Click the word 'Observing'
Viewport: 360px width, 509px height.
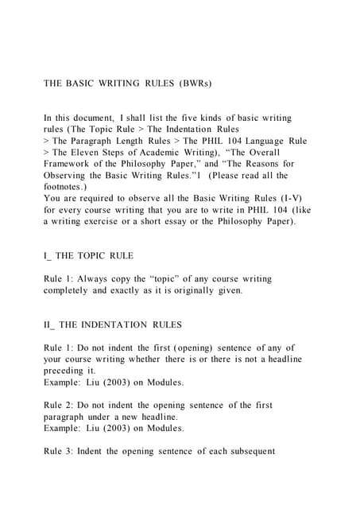(x=72, y=176)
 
